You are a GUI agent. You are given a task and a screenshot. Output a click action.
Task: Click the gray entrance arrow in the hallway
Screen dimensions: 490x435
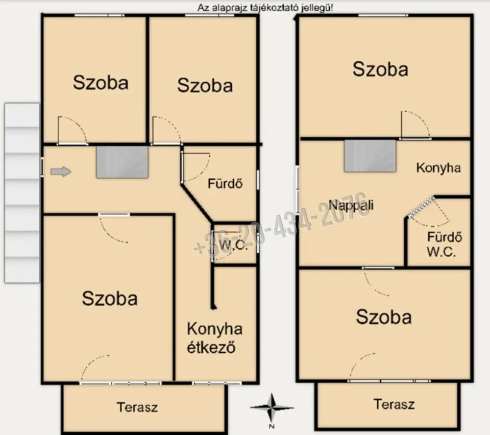[61, 171]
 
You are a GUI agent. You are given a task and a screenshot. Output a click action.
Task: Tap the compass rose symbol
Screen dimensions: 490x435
[272, 408]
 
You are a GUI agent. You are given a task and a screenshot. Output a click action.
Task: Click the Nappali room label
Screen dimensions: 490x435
[351, 205]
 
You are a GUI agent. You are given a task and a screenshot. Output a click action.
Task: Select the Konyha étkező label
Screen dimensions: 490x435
[215, 338]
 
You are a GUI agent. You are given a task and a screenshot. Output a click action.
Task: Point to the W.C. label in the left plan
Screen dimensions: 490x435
[233, 245]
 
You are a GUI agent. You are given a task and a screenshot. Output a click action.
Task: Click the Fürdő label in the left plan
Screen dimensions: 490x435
[225, 183]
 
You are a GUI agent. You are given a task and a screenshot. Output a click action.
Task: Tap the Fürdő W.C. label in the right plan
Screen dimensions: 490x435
[444, 244]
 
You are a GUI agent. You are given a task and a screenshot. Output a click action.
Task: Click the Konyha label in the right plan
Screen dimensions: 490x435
[438, 168]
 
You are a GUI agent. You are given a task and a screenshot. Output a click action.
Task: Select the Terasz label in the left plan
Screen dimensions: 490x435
[137, 407]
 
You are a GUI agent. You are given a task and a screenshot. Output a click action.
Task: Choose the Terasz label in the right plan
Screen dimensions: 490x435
[394, 404]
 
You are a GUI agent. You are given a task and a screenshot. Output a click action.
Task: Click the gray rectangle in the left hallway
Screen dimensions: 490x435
[122, 162]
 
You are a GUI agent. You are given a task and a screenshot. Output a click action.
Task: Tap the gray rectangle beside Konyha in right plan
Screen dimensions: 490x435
[370, 156]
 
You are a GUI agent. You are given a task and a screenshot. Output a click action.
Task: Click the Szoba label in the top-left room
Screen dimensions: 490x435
[100, 82]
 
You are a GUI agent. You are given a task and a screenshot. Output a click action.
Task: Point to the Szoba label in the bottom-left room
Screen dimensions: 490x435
[110, 298]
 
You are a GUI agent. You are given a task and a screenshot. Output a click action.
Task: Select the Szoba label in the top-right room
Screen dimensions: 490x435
[380, 69]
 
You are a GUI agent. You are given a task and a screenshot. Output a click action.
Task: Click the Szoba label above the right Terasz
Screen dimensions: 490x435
[384, 317]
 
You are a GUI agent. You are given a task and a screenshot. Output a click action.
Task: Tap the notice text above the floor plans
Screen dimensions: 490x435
[265, 8]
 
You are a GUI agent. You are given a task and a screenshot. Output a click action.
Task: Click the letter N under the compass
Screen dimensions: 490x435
[272, 426]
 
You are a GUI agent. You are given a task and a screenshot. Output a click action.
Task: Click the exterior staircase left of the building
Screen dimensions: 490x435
[22, 193]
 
